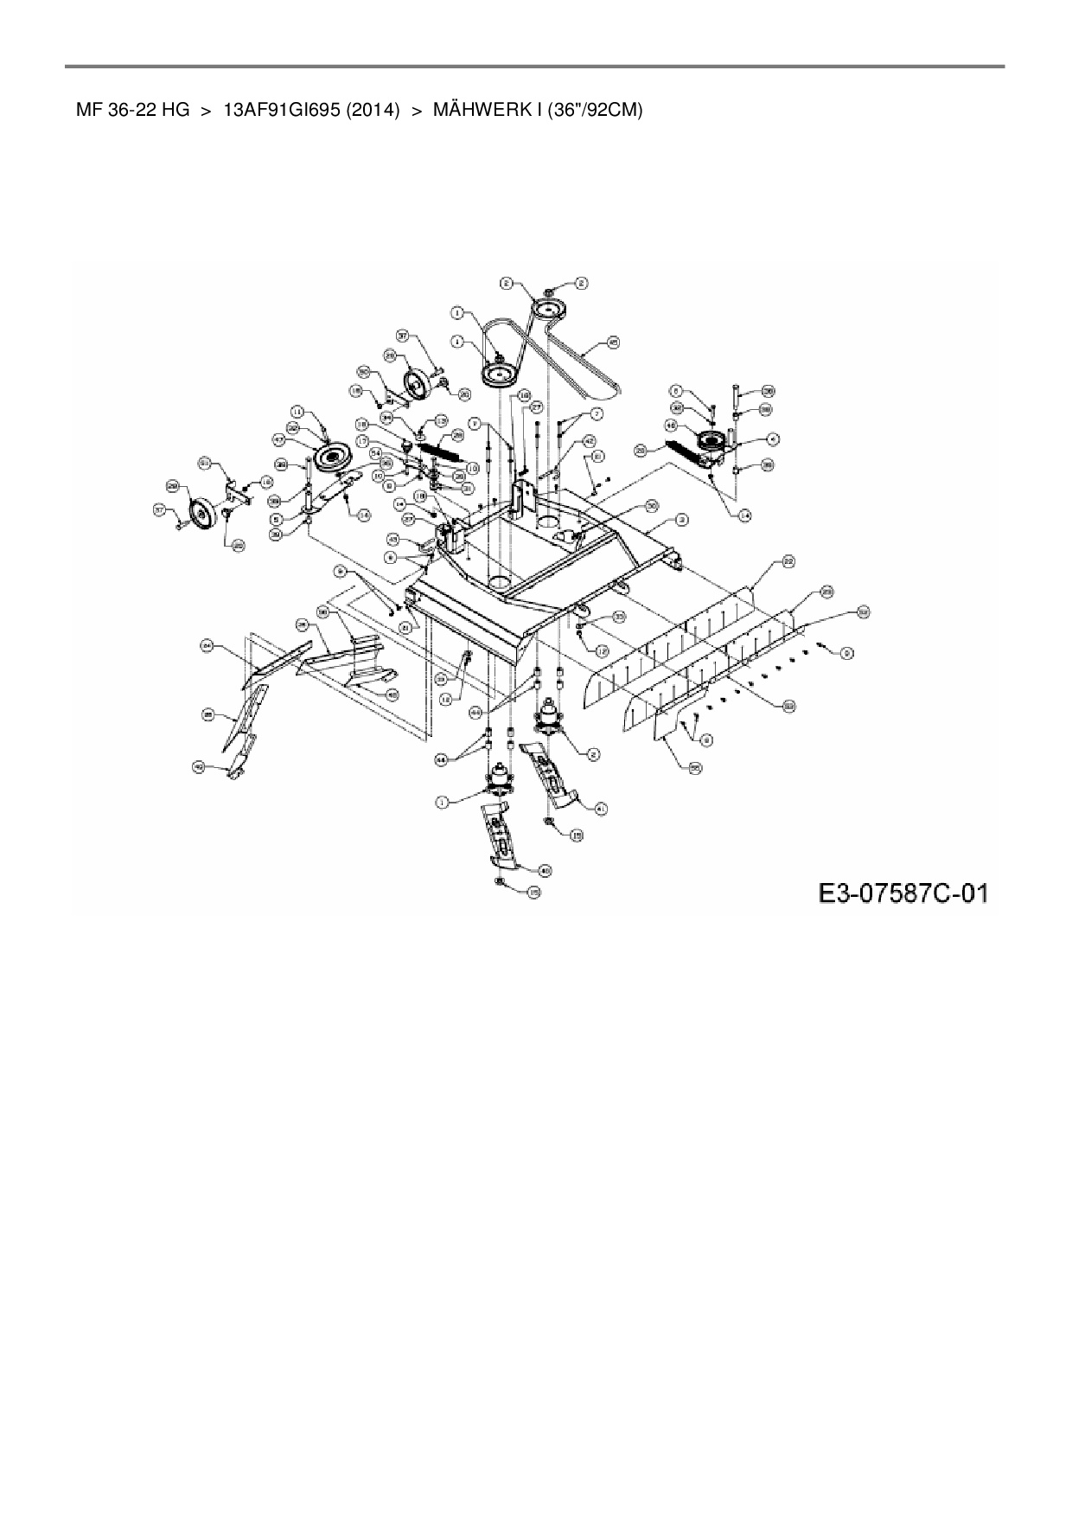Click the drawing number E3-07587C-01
[903, 892]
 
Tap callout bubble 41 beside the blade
[602, 808]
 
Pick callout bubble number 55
[694, 767]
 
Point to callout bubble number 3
[682, 520]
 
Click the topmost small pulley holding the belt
[548, 308]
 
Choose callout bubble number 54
[376, 452]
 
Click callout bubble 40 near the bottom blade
[545, 869]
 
